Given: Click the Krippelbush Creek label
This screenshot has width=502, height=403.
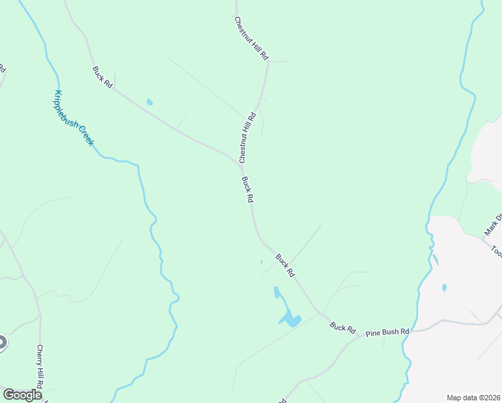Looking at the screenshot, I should (74, 118).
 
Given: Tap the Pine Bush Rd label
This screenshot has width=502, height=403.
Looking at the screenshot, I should (387, 332).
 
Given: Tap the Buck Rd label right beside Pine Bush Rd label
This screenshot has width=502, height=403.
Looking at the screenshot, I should (342, 327).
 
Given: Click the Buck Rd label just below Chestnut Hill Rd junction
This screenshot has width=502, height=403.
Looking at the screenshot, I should (247, 190).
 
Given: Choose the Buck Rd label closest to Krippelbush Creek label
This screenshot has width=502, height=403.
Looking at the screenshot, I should (102, 75).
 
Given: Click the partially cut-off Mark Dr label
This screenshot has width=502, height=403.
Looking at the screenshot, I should (494, 226).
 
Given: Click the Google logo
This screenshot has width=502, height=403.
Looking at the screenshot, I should (22, 395).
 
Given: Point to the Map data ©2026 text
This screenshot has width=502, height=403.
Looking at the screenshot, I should (474, 398).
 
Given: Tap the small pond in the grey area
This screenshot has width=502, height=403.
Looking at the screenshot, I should (444, 287).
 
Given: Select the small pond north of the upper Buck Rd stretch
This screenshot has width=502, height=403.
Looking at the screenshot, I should (150, 103).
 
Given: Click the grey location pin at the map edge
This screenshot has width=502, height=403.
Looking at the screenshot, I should (2, 343).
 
